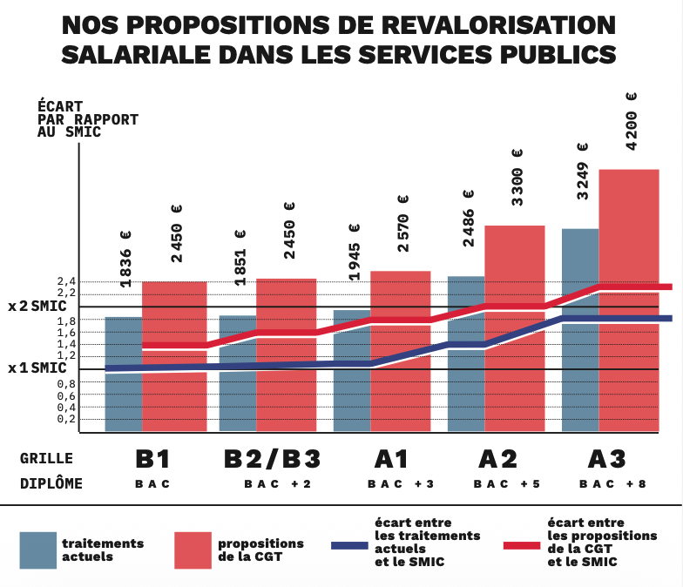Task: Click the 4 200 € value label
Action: (x=631, y=122)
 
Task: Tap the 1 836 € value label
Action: (x=125, y=260)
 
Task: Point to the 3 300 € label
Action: (x=517, y=178)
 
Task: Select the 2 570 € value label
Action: (x=403, y=223)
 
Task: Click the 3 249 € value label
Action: (x=583, y=171)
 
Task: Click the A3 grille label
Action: (x=606, y=459)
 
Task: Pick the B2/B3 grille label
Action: (x=272, y=459)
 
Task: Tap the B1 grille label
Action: (x=152, y=459)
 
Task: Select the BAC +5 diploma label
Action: (x=507, y=484)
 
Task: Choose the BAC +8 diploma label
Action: (x=613, y=484)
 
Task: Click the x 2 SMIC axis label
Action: (x=37, y=307)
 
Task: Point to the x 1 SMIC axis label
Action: (x=37, y=368)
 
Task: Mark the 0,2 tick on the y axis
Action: (x=66, y=420)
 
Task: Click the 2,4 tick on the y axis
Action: (x=66, y=281)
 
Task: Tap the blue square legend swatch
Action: (x=38, y=550)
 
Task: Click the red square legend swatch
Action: (x=193, y=550)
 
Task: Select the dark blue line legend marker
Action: (x=350, y=545)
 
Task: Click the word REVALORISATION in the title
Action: (x=498, y=25)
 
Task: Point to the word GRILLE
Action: (x=47, y=458)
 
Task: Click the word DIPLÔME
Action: (x=51, y=483)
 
